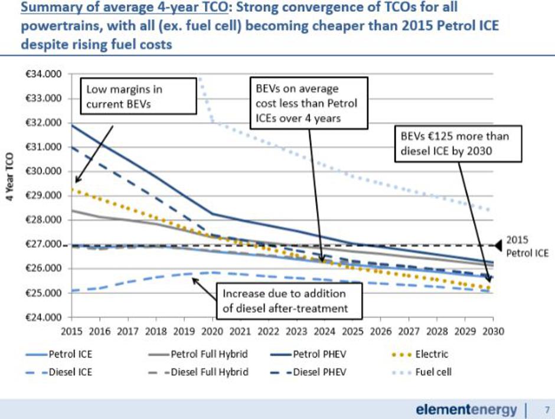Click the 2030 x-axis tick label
(x=493, y=332)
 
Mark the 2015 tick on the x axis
(x=71, y=332)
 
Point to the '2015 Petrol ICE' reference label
(x=527, y=247)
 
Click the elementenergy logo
(x=465, y=409)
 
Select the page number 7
(x=546, y=410)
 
